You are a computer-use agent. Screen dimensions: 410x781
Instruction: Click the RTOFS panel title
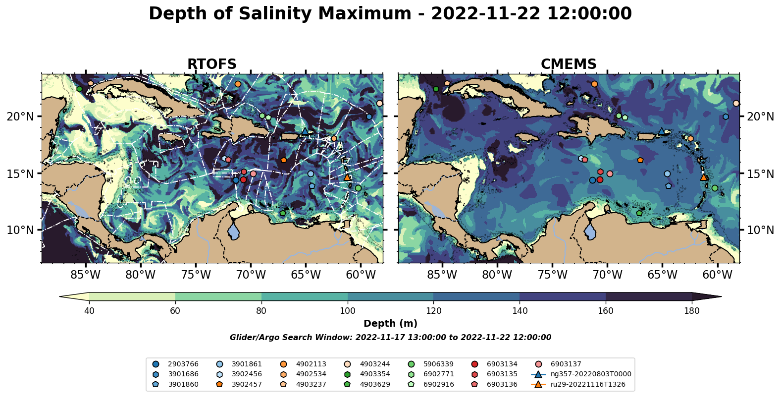coord(211,64)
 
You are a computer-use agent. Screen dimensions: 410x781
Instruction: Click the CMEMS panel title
coord(568,64)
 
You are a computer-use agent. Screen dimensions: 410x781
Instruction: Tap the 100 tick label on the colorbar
coord(347,311)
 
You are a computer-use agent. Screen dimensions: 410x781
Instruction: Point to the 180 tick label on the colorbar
coord(691,311)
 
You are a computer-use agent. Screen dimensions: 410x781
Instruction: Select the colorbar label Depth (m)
coord(390,324)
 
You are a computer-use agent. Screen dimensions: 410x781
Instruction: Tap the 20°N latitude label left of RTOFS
coord(20,117)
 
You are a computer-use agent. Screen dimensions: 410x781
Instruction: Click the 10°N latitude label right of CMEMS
coord(760,230)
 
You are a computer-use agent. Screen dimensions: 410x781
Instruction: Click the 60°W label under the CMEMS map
coord(717,275)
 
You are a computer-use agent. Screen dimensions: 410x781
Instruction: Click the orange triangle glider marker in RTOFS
coord(347,177)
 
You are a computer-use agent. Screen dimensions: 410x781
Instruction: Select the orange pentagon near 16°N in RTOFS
coord(283,160)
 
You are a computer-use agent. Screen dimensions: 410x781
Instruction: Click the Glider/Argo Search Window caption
coord(390,338)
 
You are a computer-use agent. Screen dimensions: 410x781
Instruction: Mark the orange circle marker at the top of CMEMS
coord(594,84)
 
